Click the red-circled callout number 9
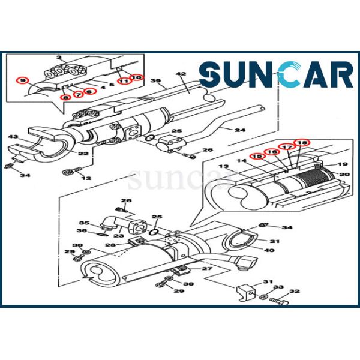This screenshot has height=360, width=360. point(23,80)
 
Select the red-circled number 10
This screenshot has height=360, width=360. point(137,77)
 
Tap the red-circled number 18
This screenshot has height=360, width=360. point(302,143)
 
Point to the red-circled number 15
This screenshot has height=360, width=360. point(257,157)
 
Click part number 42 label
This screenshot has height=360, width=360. point(181,74)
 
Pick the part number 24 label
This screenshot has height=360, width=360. point(240,130)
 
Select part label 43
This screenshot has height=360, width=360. point(13,137)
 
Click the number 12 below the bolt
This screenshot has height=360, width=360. point(86,178)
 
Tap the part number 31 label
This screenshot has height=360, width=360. point(268,282)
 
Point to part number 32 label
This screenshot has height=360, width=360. point(295,291)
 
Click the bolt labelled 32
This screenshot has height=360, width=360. point(279,301)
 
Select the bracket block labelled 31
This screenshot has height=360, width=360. point(245,293)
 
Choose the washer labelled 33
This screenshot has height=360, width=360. point(263,297)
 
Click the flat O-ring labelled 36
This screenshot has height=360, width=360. point(103,235)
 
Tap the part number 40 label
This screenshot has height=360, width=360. point(269,250)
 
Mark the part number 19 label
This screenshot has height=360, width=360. point(343,164)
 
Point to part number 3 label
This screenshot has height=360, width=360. point(59,57)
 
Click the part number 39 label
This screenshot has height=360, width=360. point(155,81)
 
